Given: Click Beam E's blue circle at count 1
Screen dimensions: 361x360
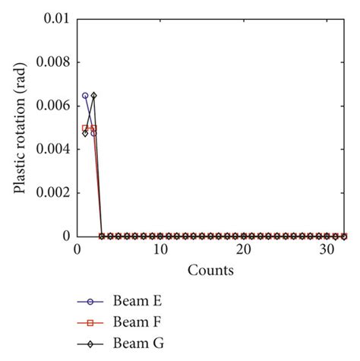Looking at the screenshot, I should click(85, 96).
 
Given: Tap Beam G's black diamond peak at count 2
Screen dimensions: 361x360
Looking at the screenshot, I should click(93, 96).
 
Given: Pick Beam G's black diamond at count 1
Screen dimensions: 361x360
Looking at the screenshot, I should click(85, 132).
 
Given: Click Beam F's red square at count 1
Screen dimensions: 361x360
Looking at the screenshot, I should click(85, 128).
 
